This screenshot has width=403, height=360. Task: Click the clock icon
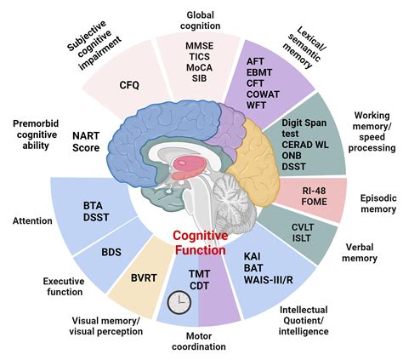[x=179, y=301]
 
